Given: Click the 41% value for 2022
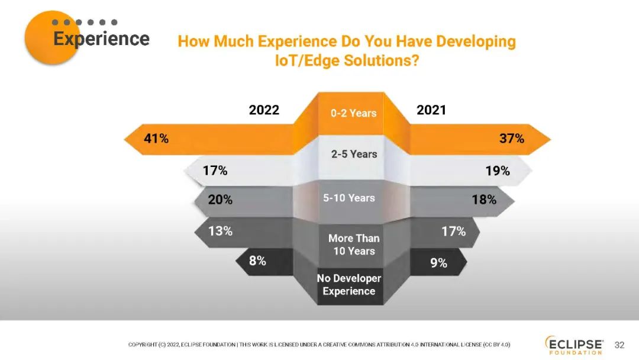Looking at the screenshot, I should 156,139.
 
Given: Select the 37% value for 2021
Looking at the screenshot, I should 511,139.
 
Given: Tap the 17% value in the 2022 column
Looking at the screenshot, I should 215,171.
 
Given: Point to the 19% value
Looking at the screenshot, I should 498,171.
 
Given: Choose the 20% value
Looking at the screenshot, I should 220,200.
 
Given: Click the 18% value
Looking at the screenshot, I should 484,200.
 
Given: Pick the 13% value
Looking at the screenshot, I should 220,232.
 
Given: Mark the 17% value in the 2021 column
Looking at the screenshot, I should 454,232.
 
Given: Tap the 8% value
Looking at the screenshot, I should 257,260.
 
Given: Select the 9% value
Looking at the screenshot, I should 438,263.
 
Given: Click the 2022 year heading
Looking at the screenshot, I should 264,111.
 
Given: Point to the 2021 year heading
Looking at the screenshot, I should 431,111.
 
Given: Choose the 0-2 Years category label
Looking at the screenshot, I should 353,113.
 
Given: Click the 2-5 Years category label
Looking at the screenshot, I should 354,154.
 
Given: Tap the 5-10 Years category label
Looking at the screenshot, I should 349,198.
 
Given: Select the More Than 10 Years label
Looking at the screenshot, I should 354,245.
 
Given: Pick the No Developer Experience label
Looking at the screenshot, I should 349,285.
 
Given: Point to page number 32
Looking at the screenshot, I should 619,345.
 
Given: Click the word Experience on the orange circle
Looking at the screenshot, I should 101,39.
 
